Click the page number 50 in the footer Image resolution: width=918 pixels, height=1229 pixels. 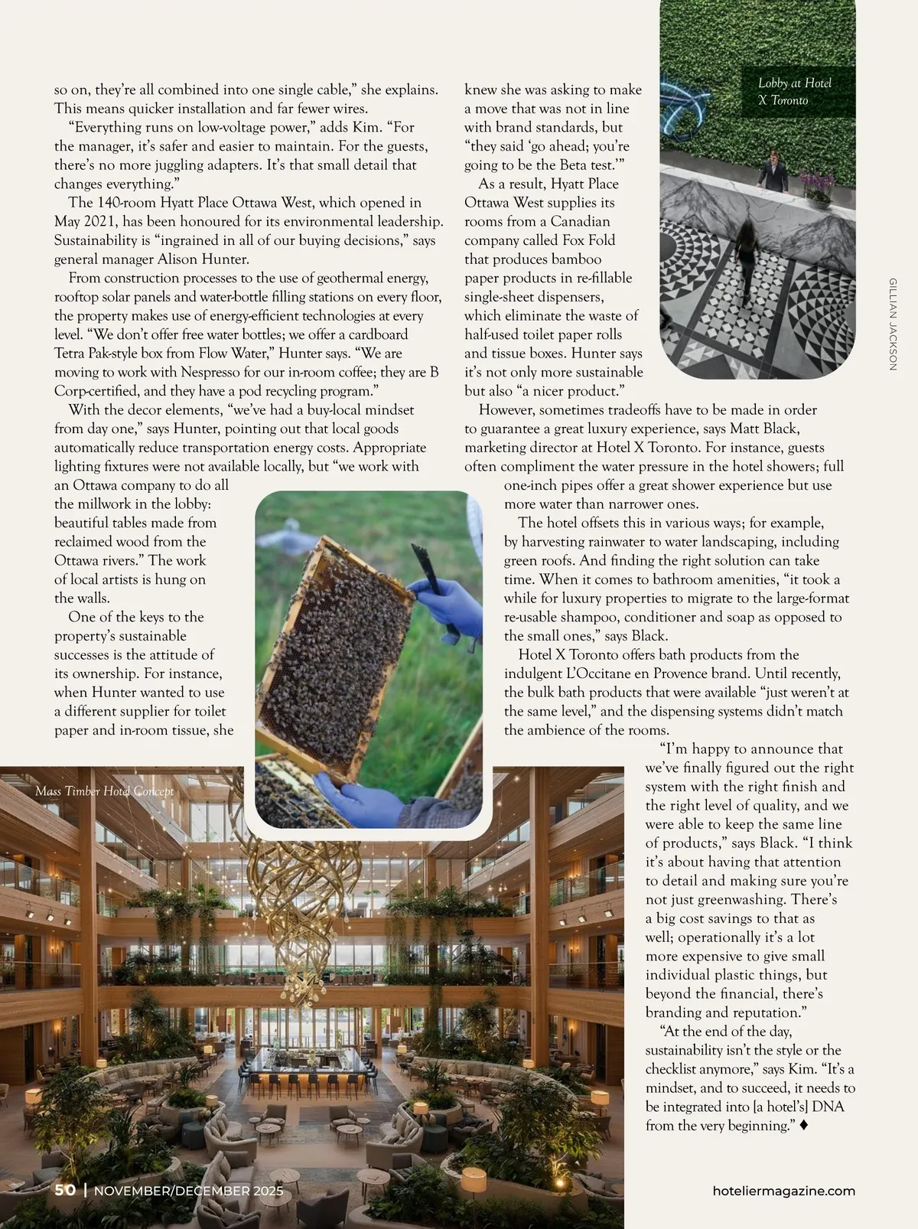coord(65,1190)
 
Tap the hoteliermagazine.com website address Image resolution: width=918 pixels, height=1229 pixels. coord(783,1191)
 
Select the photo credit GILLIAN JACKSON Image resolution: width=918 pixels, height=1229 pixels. coord(893,325)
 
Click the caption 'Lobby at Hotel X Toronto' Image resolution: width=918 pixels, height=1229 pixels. coord(795,92)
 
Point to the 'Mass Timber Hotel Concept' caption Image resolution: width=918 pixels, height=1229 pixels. coord(104,791)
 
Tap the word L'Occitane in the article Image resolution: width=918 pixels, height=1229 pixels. coord(610,674)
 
